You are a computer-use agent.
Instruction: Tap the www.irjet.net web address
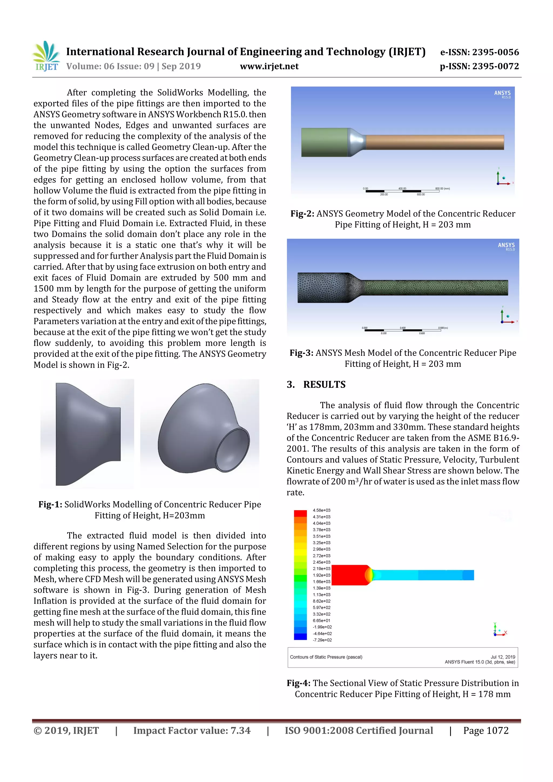[x=269, y=66]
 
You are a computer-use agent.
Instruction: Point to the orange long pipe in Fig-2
[x=434, y=142]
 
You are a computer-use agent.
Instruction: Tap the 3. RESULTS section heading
[x=316, y=385]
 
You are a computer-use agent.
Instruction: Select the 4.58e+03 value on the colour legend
[x=321, y=510]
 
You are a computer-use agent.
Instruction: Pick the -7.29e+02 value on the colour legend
[x=322, y=640]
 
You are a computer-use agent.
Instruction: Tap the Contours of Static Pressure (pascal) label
[x=326, y=657]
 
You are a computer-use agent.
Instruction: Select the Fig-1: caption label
[x=50, y=505]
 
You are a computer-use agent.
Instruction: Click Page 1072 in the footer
[x=485, y=730]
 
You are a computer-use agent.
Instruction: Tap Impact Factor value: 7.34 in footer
[x=191, y=730]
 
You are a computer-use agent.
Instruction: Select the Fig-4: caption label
[x=298, y=683]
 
